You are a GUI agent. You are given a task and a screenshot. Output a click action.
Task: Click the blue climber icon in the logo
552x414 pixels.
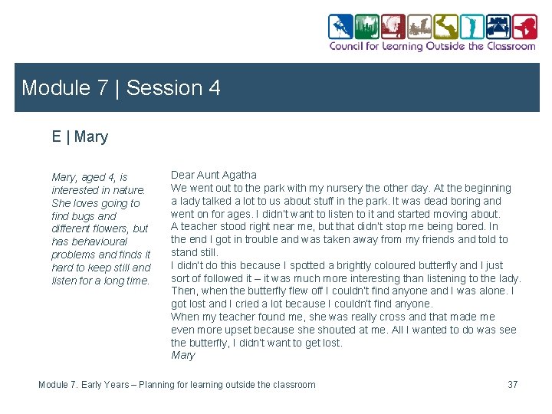[341, 27]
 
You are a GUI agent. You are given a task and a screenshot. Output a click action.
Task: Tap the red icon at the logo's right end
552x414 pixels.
[525, 27]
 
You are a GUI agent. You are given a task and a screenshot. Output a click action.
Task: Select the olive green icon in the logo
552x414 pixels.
[445, 27]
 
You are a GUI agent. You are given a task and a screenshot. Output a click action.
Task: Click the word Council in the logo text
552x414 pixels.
[347, 46]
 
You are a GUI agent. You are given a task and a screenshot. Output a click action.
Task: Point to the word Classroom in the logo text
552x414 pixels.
[511, 46]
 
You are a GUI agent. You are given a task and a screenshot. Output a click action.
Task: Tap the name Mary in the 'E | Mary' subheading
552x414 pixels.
[91, 137]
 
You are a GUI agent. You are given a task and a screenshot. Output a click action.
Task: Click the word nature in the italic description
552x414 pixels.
[128, 190]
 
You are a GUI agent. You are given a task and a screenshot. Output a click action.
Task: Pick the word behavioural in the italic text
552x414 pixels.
[102, 242]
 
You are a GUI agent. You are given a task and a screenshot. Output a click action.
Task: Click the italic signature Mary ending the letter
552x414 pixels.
[183, 355]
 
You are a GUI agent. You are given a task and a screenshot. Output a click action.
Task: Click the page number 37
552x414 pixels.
[513, 384]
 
